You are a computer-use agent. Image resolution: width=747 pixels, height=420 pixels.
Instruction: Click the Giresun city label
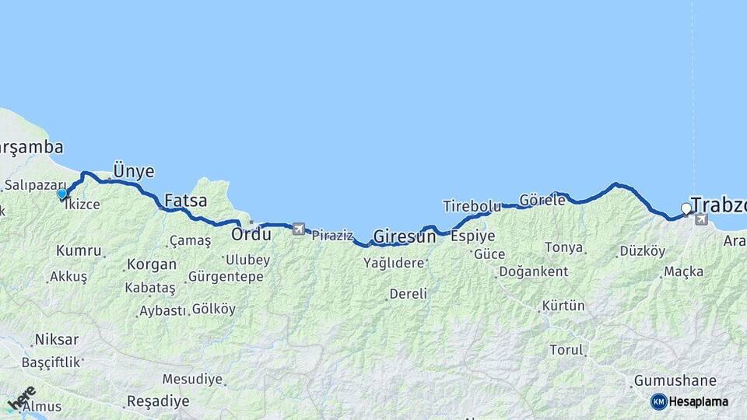pyautogui.click(x=405, y=235)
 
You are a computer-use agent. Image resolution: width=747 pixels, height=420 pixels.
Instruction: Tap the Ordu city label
pyautogui.click(x=251, y=233)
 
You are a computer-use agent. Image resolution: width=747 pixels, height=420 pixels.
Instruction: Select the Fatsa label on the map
pyautogui.click(x=186, y=201)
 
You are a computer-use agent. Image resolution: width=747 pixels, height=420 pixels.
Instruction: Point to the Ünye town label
pyautogui.click(x=134, y=171)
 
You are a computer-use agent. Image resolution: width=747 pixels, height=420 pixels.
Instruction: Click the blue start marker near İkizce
pyautogui.click(x=62, y=194)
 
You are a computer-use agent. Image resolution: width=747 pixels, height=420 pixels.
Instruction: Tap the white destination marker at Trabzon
pyautogui.click(x=686, y=208)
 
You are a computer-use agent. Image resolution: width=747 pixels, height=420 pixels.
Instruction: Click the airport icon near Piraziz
pyautogui.click(x=298, y=229)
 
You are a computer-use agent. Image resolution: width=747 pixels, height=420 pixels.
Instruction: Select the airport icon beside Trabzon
pyautogui.click(x=701, y=219)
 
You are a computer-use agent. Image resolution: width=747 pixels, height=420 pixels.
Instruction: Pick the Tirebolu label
pyautogui.click(x=472, y=206)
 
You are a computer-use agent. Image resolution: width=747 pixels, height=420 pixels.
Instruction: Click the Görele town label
pyautogui.click(x=542, y=200)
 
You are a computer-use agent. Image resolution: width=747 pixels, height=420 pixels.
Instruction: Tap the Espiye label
pyautogui.click(x=474, y=236)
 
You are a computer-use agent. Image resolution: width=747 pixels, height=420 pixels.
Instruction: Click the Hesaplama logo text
pyautogui.click(x=698, y=402)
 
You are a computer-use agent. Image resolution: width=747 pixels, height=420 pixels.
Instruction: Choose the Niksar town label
pyautogui.click(x=56, y=340)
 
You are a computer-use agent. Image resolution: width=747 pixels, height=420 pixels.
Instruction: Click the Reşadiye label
pyautogui.click(x=158, y=401)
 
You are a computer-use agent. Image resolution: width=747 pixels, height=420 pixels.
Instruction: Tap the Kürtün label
pyautogui.click(x=563, y=306)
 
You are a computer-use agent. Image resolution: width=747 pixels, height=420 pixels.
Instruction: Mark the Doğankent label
pyautogui.click(x=533, y=271)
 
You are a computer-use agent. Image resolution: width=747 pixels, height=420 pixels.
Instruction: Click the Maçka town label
pyautogui.click(x=684, y=271)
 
